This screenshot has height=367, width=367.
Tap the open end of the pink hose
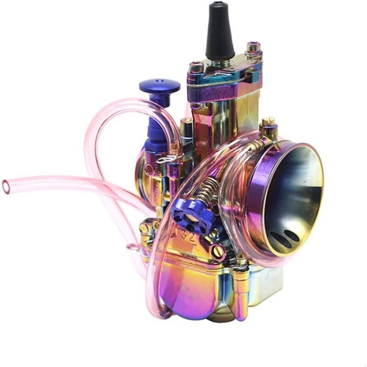point(6,186)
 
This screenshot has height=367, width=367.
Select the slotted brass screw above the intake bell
point(268,123)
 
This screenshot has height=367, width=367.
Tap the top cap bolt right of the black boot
point(254,48)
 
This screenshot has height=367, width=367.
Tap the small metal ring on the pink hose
point(133,248)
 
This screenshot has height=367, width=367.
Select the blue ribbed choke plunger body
point(156,131)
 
